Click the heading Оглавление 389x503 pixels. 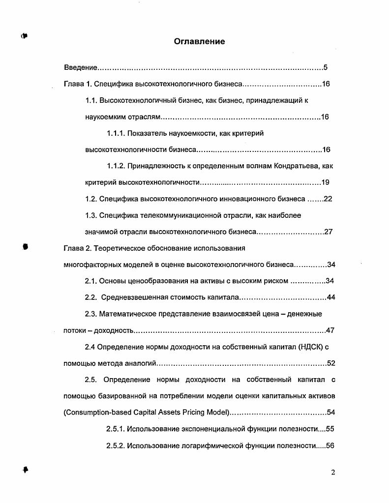[199, 42]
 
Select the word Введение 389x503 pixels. [81, 67]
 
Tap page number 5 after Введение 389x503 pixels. [326, 67]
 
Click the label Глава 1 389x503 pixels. [78, 84]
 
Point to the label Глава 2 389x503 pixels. [78, 248]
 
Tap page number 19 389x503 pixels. [325, 182]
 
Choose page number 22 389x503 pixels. [329, 199]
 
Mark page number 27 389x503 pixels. [329, 232]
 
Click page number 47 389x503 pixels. [330, 330]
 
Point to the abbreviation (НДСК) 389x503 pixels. [309, 347]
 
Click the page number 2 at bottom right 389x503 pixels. [332, 473]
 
